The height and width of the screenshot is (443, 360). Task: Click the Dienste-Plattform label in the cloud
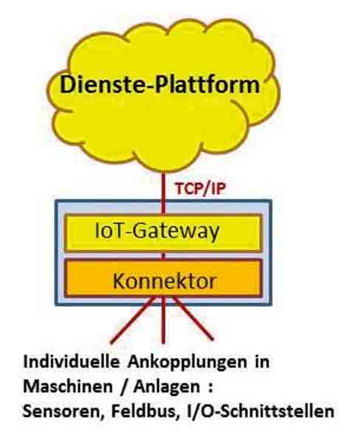160,85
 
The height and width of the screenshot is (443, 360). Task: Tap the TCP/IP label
200,188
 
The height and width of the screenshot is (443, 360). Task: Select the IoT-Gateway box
163,233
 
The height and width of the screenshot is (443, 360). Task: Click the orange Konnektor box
163,278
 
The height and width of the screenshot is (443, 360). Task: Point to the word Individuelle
72,362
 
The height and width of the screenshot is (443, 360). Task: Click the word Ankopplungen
187,363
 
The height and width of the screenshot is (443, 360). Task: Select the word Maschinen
68,386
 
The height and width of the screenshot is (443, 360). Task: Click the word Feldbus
143,411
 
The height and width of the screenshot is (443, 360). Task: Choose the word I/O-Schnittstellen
260,411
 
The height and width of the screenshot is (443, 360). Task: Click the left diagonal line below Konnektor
133,320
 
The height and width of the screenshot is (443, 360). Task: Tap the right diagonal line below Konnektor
193,318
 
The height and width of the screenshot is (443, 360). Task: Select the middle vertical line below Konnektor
163,320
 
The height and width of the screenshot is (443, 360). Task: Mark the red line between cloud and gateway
163,193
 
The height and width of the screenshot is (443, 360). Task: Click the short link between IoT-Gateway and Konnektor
163,255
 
